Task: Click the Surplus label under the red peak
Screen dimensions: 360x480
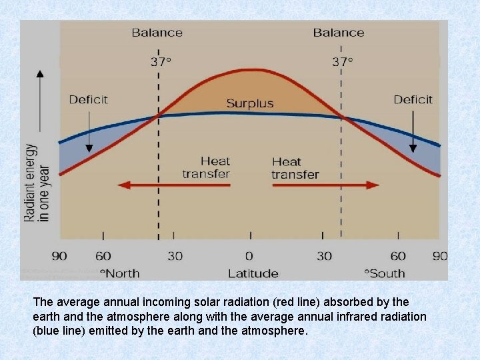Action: pyautogui.click(x=249, y=103)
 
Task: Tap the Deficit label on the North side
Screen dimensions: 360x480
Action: pyautogui.click(x=88, y=99)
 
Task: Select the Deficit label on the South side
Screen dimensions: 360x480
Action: pyautogui.click(x=413, y=99)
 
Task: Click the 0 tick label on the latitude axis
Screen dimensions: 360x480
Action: pyautogui.click(x=249, y=256)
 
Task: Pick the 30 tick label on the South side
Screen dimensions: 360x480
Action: pyautogui.click(x=324, y=256)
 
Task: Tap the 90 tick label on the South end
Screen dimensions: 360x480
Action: pyautogui.click(x=439, y=256)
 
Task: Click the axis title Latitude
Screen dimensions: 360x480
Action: pyautogui.click(x=253, y=273)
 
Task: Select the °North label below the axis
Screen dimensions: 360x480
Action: pyautogui.click(x=120, y=273)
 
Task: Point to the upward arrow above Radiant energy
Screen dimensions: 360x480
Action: pyautogui.click(x=40, y=100)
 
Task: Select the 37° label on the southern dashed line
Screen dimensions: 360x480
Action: pyautogui.click(x=342, y=61)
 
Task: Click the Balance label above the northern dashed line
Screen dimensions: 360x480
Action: pyautogui.click(x=157, y=32)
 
